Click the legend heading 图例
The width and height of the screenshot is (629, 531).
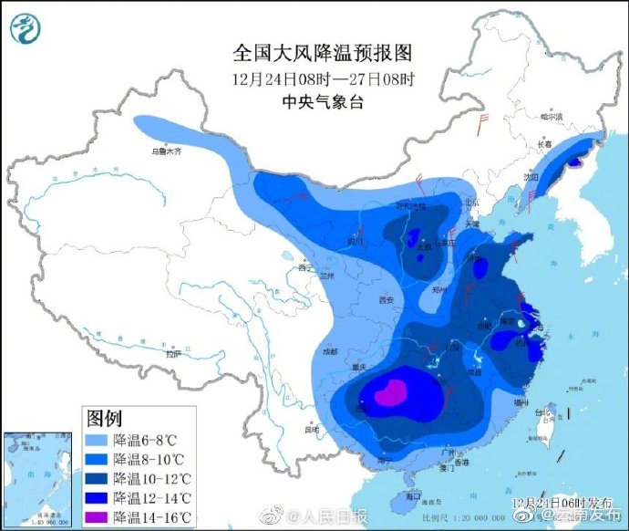(x=104, y=419)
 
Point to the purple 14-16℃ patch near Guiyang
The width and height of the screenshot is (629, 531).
(x=390, y=394)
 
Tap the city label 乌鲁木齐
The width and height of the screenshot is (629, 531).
(x=167, y=151)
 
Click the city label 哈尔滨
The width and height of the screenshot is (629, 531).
(x=552, y=117)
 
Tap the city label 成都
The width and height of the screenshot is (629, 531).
(x=328, y=351)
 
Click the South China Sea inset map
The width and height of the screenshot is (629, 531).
(x=37, y=479)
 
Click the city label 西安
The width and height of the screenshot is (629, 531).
(x=385, y=299)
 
